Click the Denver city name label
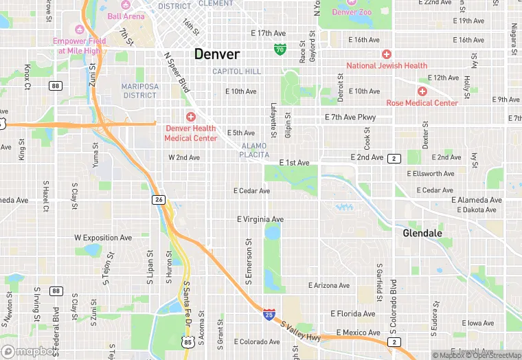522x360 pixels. [217, 54]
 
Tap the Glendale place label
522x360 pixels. [422, 233]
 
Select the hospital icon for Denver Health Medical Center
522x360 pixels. [190, 117]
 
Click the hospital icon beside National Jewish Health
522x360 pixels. [387, 54]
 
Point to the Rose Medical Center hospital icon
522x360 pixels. [422, 91]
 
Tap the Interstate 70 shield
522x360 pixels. [280, 49]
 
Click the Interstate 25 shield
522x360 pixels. [269, 314]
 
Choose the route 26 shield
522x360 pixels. [159, 199]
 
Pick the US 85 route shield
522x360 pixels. [188, 341]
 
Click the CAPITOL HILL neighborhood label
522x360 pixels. [236, 71]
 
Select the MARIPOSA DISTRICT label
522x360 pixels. [139, 91]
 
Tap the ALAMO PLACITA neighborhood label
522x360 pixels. [254, 150]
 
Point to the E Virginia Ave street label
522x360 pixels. [260, 220]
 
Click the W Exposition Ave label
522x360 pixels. [103, 238]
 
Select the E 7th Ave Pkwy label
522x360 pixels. [350, 117]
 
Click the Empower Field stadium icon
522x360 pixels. [78, 29]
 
